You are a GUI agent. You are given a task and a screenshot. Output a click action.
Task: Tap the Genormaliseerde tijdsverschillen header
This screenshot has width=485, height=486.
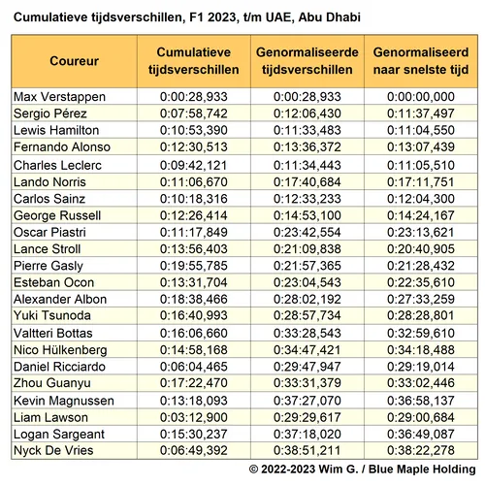pyautogui.click(x=307, y=60)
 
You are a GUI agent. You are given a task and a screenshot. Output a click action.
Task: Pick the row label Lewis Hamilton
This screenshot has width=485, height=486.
pyautogui.click(x=56, y=130)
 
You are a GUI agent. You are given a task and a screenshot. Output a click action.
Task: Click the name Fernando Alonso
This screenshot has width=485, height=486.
pyautogui.click(x=61, y=146)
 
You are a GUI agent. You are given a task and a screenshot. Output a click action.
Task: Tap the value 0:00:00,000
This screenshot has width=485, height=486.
pyautogui.click(x=421, y=97)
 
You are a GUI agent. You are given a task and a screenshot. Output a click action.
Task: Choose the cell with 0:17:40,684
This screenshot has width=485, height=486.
pyautogui.click(x=307, y=180)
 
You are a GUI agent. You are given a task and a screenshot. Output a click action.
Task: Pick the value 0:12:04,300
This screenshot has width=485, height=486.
pyautogui.click(x=421, y=197)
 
